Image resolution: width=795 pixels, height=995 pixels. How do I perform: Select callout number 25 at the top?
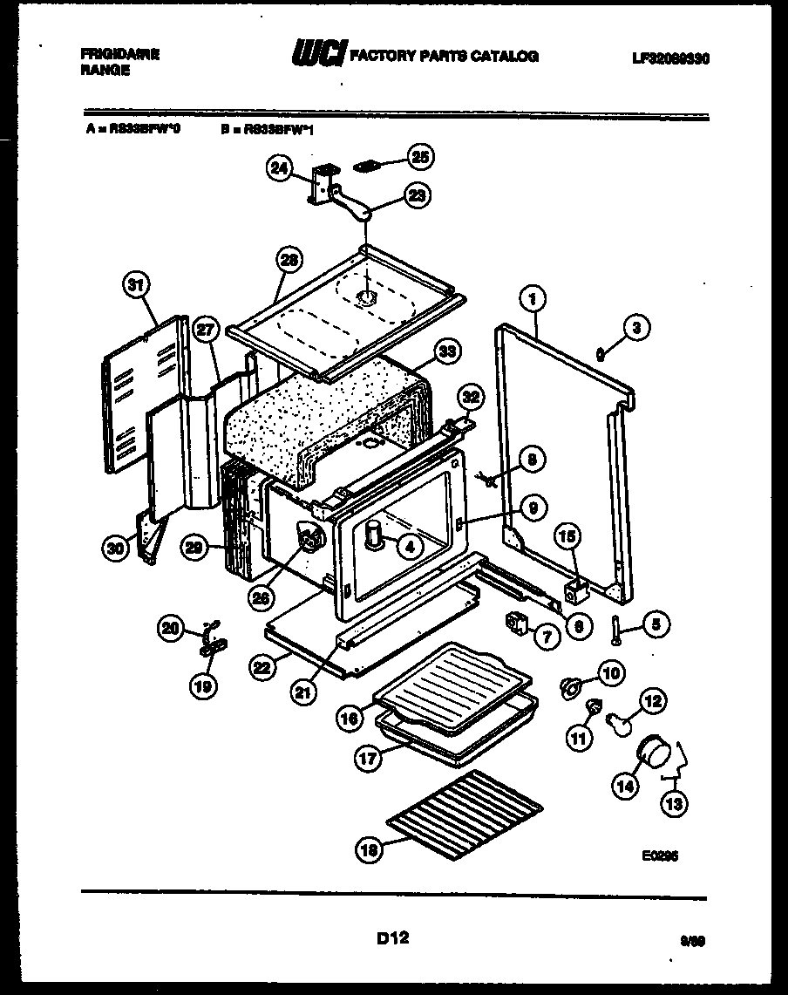[421, 157]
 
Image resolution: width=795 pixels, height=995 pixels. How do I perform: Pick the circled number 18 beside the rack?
[370, 849]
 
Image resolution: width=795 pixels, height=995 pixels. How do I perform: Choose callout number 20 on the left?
[170, 625]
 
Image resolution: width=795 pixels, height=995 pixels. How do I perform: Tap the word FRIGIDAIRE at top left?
[120, 53]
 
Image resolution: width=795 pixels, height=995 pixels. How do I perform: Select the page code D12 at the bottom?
[393, 938]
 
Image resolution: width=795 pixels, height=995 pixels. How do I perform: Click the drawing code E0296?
[659, 856]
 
